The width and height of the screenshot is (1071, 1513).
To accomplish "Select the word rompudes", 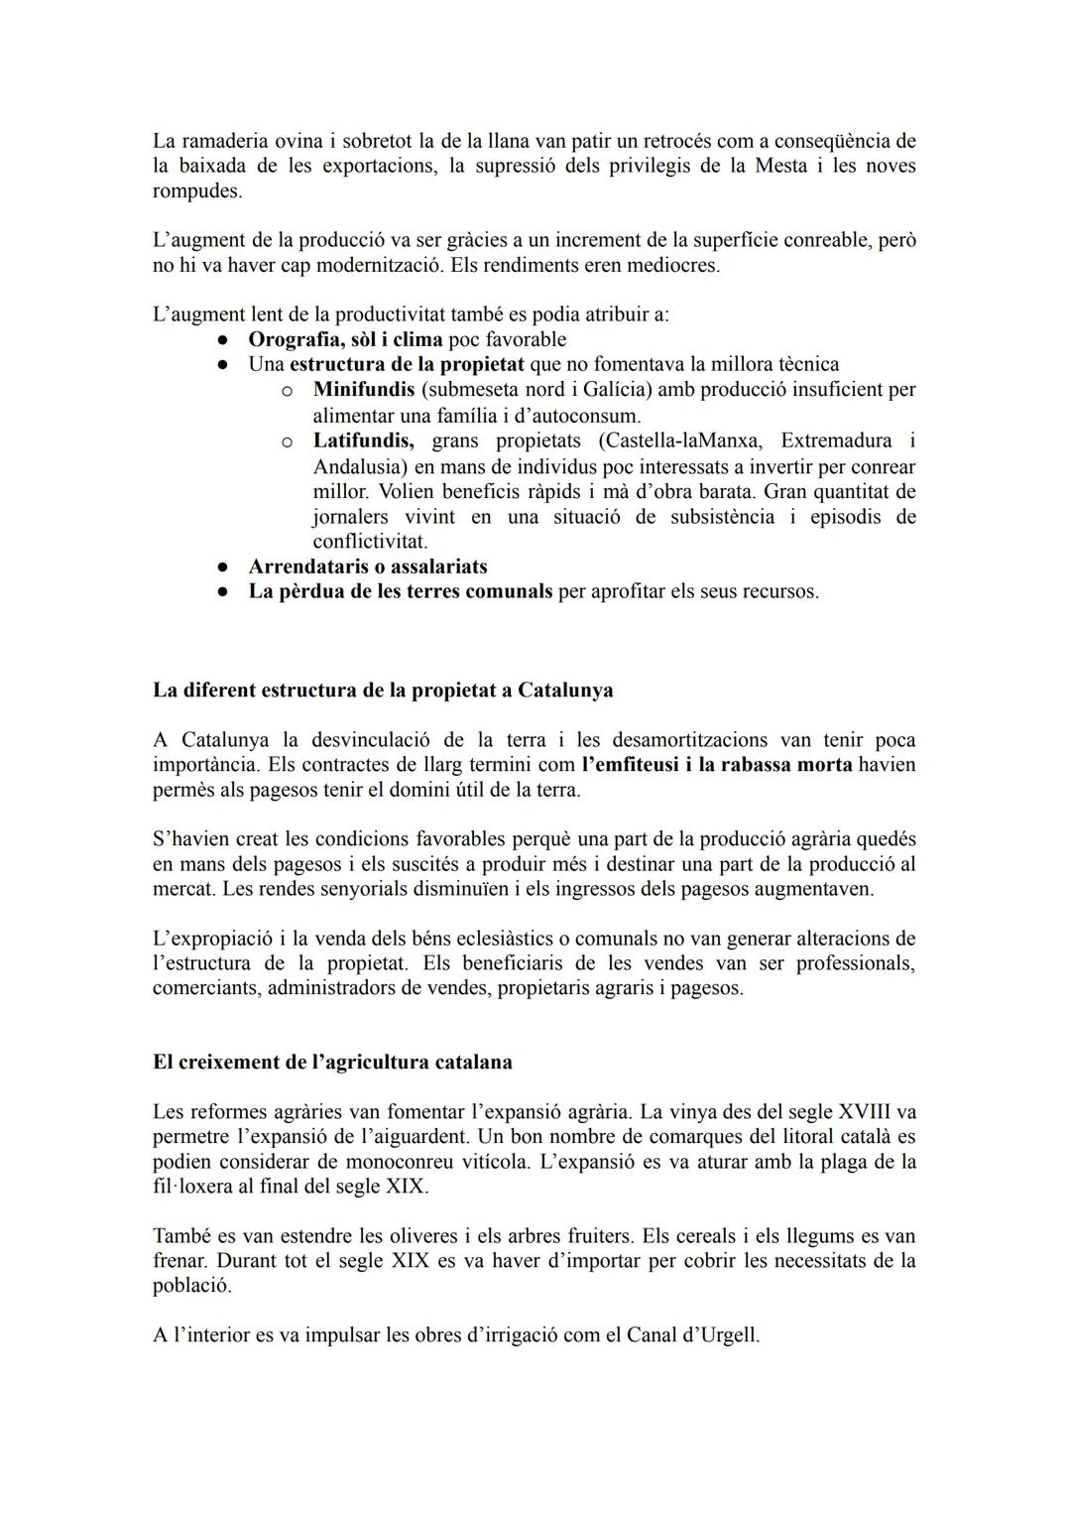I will (x=196, y=190).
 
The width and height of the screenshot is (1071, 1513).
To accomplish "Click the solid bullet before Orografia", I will (x=223, y=340).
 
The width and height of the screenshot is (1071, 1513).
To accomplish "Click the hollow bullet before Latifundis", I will (x=287, y=441).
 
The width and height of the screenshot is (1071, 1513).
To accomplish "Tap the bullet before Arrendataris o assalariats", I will (x=223, y=567).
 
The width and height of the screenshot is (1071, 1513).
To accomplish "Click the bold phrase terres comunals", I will (x=480, y=591).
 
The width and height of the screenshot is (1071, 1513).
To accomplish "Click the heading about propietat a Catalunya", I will (x=383, y=690).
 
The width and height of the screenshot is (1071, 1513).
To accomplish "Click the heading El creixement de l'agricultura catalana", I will (x=332, y=1062).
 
